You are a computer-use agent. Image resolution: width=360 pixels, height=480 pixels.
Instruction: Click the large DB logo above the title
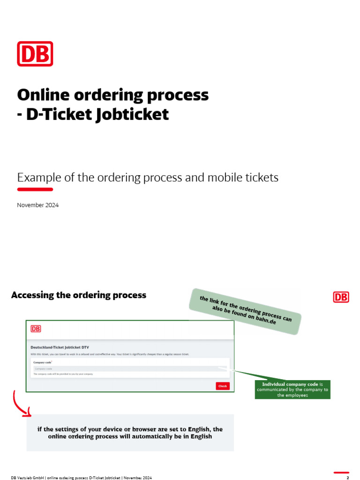tap(35, 53)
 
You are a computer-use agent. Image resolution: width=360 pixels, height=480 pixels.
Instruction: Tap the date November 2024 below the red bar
tap(38, 205)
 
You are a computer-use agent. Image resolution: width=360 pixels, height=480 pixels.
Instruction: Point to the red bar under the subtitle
tap(35, 189)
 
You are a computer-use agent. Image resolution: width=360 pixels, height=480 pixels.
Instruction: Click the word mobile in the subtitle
tap(220, 178)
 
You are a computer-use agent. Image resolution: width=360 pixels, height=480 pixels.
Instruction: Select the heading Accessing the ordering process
tap(78, 295)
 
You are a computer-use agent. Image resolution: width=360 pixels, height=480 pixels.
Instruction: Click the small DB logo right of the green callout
tap(341, 297)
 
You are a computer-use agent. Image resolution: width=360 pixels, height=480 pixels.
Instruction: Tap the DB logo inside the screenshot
tap(36, 329)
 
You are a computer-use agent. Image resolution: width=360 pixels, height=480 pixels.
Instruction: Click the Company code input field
tap(127, 369)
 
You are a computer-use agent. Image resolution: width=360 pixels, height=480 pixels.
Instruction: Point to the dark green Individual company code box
tap(292, 390)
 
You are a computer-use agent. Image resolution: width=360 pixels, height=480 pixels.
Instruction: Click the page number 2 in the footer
tap(348, 478)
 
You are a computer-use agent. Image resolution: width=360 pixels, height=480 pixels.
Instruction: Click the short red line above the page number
tap(341, 472)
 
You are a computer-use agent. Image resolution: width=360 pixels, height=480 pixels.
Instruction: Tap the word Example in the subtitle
tap(37, 178)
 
